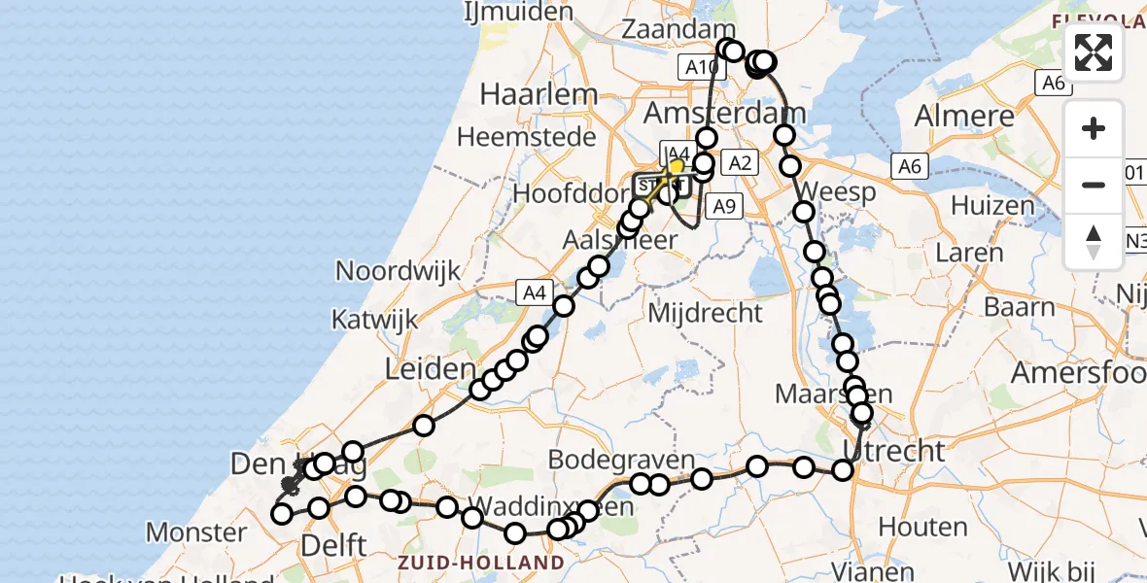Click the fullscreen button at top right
[x=1094, y=52]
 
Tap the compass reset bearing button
[x=1094, y=242]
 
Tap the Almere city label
[x=964, y=117]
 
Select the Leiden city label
[x=429, y=369]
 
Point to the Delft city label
[x=334, y=544]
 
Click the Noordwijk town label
[x=398, y=270]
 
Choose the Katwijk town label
[x=374, y=319]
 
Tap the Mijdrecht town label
[x=705, y=313]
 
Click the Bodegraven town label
[x=622, y=460]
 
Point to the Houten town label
[x=922, y=527]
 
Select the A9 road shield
[x=722, y=206]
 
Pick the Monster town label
[x=196, y=532]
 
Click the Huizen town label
[x=992, y=206]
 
